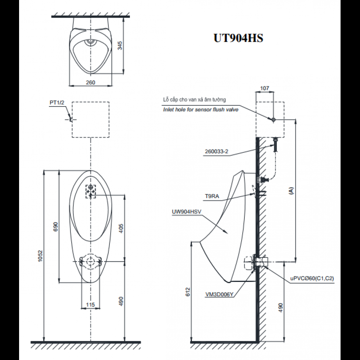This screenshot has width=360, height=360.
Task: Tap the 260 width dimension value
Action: pyautogui.click(x=90, y=82)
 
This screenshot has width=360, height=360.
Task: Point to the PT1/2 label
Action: pyautogui.click(x=57, y=103)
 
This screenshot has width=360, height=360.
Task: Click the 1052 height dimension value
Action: pyautogui.click(x=41, y=256)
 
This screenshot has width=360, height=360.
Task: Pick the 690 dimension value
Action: pyautogui.click(x=55, y=226)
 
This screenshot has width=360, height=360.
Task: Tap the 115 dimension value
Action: pyautogui.click(x=90, y=305)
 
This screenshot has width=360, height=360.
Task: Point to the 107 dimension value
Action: pyautogui.click(x=265, y=88)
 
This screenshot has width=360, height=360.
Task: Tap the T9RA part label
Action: pyautogui.click(x=212, y=197)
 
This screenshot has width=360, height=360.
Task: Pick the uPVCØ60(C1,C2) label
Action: pyautogui.click(x=312, y=278)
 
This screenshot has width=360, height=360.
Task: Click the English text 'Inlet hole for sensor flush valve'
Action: pyautogui.click(x=201, y=109)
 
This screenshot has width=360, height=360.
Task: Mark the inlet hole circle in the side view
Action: pyautogui.click(x=274, y=119)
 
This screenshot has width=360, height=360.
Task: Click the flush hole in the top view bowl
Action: pyautogui.click(x=90, y=43)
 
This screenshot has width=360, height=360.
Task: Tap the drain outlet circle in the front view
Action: pyautogui.click(x=90, y=261)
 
